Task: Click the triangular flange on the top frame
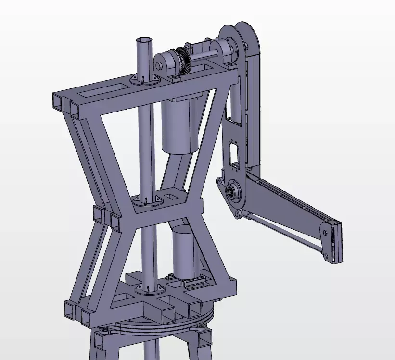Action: pos(144,80)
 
